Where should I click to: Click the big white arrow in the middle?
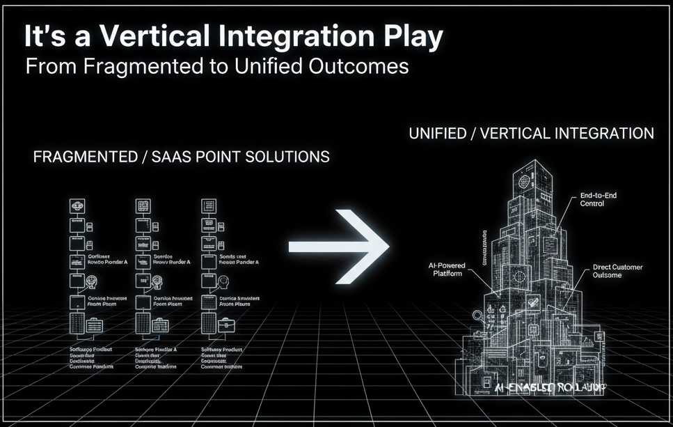point(340,245)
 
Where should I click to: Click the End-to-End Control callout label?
point(598,201)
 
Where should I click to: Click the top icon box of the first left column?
point(76,206)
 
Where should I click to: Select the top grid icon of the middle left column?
point(143,206)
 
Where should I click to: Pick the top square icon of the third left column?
point(208,206)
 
